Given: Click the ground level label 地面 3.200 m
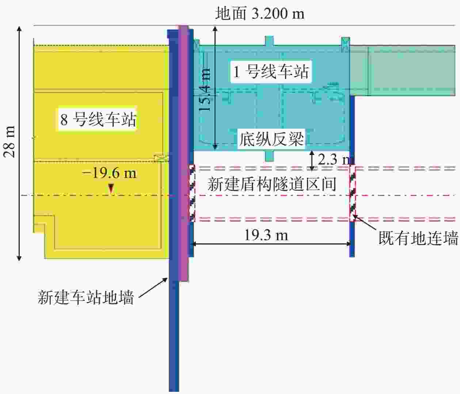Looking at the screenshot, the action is pyautogui.click(x=260, y=14).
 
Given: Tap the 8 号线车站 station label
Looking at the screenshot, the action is pyautogui.click(x=98, y=119).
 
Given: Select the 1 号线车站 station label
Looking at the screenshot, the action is pyautogui.click(x=271, y=72).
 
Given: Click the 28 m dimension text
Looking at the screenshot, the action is pyautogui.click(x=9, y=142).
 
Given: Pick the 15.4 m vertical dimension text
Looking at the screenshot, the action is pyautogui.click(x=204, y=90).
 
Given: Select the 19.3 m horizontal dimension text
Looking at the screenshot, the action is pyautogui.click(x=266, y=235).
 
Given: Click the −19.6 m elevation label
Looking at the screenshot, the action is pyautogui.click(x=109, y=173).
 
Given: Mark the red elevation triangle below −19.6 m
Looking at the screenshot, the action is pyautogui.click(x=111, y=189).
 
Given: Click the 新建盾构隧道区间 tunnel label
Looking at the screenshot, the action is pyautogui.click(x=272, y=184).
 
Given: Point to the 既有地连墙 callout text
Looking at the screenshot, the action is pyautogui.click(x=418, y=238).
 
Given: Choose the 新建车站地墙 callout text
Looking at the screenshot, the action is pyautogui.click(x=86, y=297).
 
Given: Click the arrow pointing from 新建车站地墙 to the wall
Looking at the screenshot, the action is pyautogui.click(x=153, y=287).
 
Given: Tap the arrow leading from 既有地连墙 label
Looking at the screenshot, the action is pyautogui.click(x=365, y=222).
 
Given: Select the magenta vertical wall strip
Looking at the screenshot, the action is pyautogui.click(x=184, y=153).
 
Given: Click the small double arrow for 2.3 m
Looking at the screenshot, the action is pyautogui.click(x=312, y=161).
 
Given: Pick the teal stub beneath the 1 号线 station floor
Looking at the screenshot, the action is pyautogui.click(x=269, y=156).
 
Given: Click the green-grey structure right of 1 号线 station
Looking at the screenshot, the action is pyautogui.click(x=403, y=71).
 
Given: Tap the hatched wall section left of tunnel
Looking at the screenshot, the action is pyautogui.click(x=192, y=193).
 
